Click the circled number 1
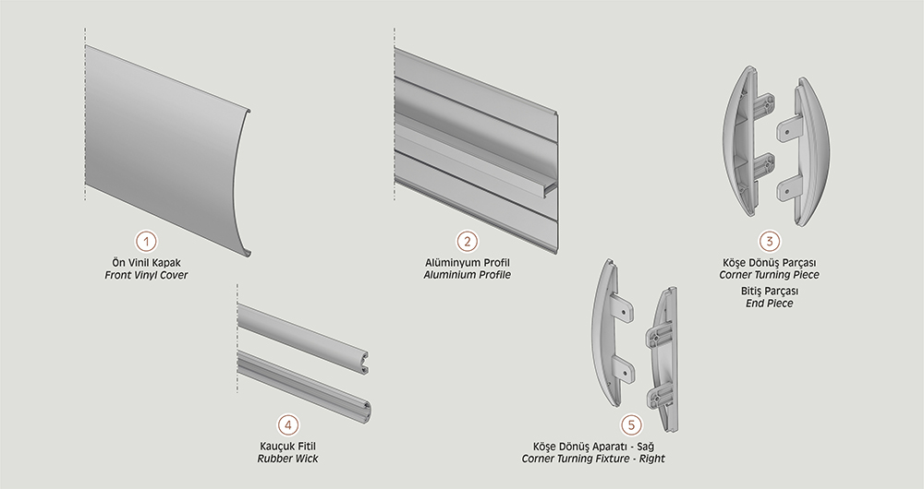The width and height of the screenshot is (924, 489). [x=146, y=241]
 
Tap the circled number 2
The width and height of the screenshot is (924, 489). [x=468, y=241]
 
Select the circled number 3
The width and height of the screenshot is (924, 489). [x=769, y=241]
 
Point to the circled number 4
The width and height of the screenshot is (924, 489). [x=287, y=424]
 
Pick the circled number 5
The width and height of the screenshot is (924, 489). [x=631, y=424]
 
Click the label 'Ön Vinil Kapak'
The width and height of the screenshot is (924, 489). [x=146, y=262]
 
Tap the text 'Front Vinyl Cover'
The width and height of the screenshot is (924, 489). [x=146, y=275]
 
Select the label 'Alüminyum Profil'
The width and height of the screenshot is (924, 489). [x=468, y=262]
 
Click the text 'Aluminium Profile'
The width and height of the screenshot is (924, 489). [x=468, y=275]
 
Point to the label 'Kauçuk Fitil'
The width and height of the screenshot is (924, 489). [x=287, y=447]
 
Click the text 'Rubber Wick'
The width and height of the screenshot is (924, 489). [x=287, y=459]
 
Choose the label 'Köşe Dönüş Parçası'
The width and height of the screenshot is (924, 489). [x=769, y=262]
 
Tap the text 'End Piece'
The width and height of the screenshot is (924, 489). [x=769, y=304]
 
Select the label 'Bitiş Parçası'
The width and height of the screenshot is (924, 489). [x=769, y=292]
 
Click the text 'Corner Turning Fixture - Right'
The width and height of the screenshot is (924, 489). [x=593, y=459]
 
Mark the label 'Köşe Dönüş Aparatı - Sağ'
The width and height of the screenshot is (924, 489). [x=593, y=447]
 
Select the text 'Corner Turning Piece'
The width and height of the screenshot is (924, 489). [x=769, y=275]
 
